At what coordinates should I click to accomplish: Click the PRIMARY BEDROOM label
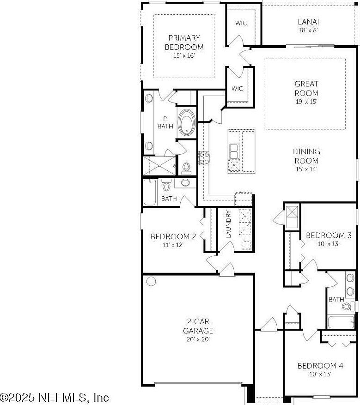coord(184,42)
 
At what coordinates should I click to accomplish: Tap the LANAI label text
coord(308,22)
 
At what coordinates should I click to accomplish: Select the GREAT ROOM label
coord(306,88)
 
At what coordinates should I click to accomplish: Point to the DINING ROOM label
coord(306,156)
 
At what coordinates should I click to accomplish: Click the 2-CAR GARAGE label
coord(198,326)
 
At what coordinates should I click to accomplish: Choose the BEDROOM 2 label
coord(173,236)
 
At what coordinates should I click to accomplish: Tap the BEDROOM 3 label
coord(325,235)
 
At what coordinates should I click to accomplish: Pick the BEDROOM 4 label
coord(320,366)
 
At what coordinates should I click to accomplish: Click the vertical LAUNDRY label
coord(228,224)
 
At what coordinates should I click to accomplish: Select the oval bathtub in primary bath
coord(187,122)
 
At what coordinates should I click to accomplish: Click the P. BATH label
coord(164,122)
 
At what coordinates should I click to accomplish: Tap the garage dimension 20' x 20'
coord(198,339)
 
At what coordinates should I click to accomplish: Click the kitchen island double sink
coord(234,150)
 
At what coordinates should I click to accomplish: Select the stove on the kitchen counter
coord(204,158)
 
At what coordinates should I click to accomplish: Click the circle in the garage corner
coord(151,281)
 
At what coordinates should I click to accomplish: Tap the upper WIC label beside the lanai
coord(241,23)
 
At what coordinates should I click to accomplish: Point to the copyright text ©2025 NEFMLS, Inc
coord(55,397)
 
